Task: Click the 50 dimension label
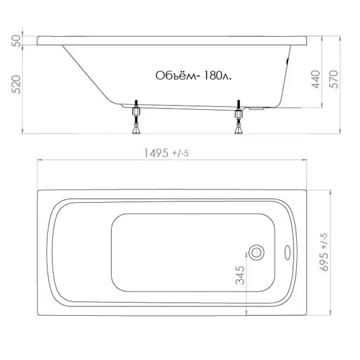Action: (x=16, y=41)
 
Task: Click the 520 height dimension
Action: (x=16, y=84)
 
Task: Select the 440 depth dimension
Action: (x=315, y=79)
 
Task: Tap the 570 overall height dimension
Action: (x=333, y=79)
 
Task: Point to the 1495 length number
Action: (x=156, y=153)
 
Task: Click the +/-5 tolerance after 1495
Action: (x=181, y=153)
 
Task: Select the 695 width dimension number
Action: (x=324, y=262)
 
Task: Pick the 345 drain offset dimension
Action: (x=240, y=275)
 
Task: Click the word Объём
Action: (x=176, y=75)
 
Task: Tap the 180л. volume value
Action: (x=217, y=76)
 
